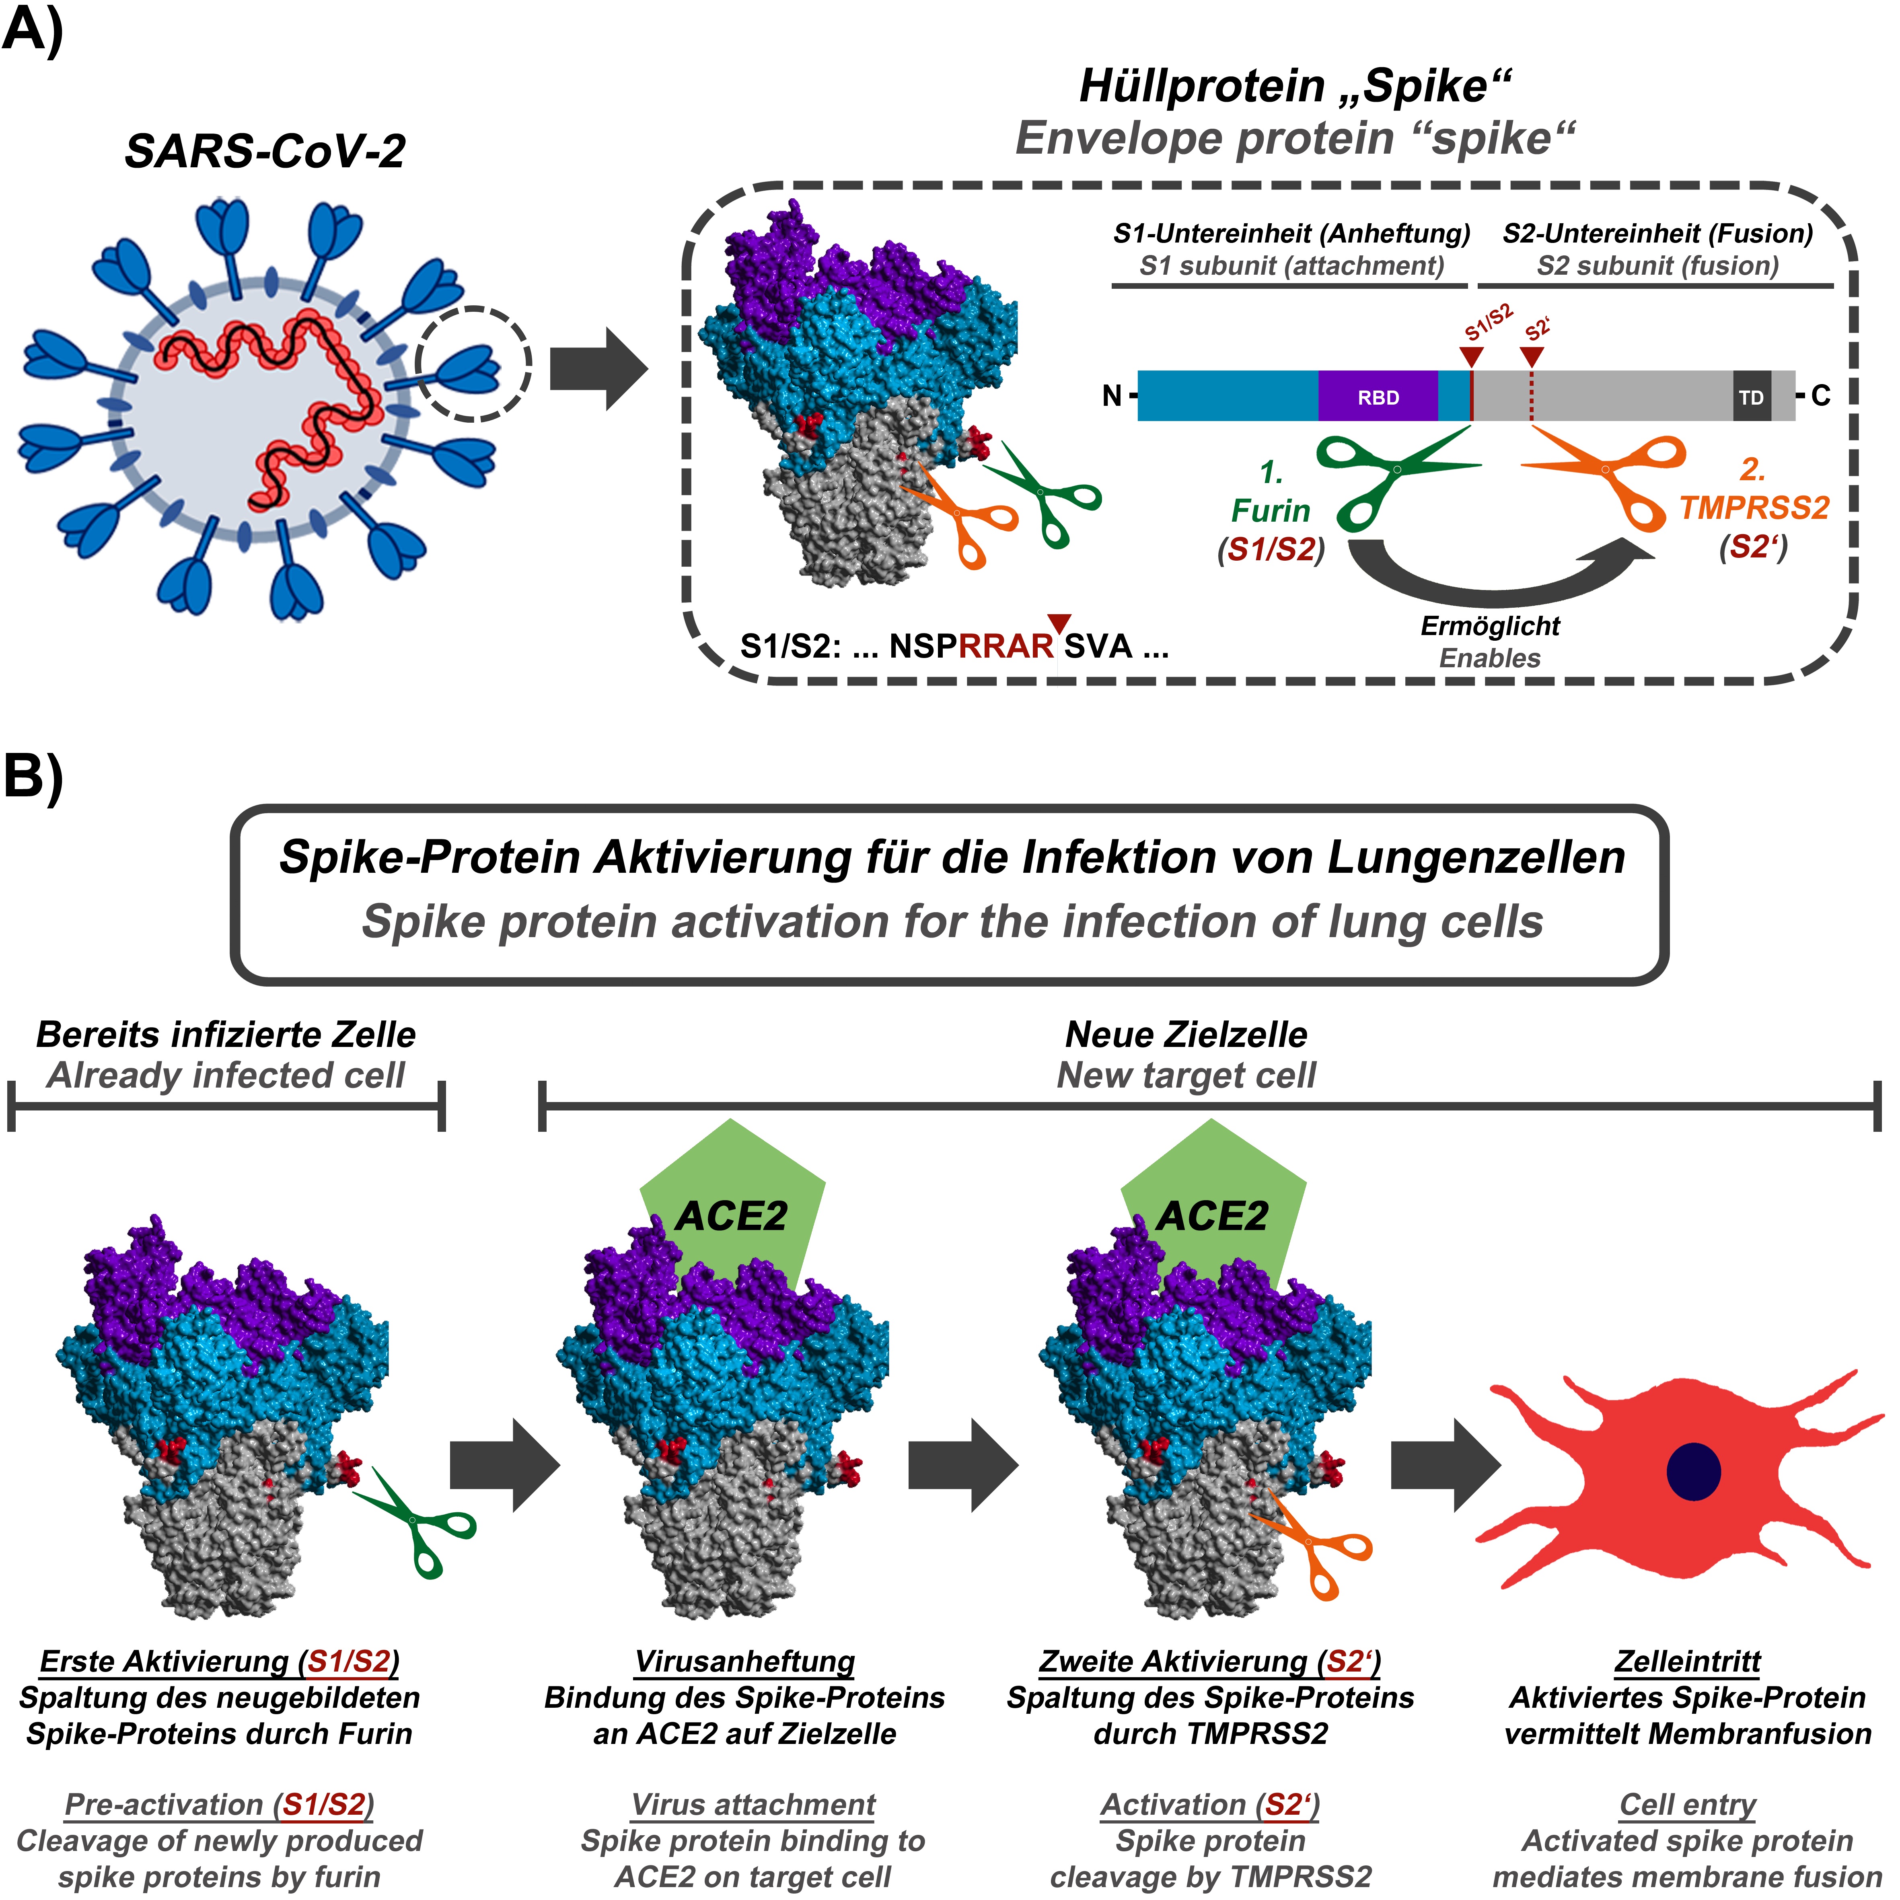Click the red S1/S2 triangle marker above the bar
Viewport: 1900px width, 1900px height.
pos(1471,355)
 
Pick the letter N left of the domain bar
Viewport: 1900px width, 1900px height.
pos(1111,396)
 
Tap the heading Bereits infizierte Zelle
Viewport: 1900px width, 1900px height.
pos(226,1034)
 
